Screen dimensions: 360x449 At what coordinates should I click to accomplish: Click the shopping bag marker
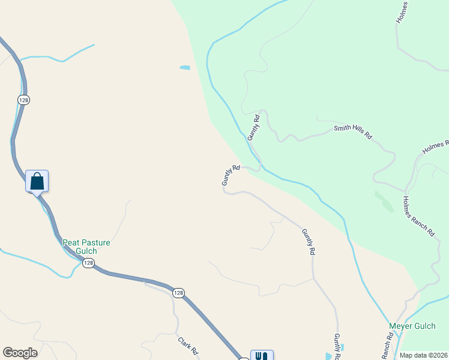(x=37, y=181)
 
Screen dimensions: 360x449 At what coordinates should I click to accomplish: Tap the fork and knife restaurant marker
(x=262, y=355)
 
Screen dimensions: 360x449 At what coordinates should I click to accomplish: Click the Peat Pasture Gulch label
(x=86, y=243)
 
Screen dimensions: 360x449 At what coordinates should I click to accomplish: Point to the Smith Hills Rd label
(x=353, y=132)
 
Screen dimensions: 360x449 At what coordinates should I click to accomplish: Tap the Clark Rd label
(x=187, y=346)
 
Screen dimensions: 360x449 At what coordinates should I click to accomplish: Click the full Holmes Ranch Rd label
(x=418, y=216)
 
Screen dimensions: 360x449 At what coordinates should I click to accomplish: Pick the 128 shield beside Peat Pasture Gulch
(x=88, y=263)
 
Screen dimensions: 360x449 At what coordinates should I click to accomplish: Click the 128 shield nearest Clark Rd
(x=178, y=292)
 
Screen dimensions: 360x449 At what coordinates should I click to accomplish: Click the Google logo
(x=20, y=353)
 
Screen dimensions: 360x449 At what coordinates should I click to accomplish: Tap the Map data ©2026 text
(x=423, y=355)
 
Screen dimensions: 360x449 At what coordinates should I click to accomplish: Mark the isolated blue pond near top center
(x=185, y=68)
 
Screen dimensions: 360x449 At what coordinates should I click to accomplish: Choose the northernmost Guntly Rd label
(x=254, y=127)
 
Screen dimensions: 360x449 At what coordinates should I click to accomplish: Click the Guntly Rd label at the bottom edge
(x=337, y=347)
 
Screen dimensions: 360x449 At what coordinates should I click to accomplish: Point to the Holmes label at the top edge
(x=403, y=12)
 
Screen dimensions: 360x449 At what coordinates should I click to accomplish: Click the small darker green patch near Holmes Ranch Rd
(x=384, y=202)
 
